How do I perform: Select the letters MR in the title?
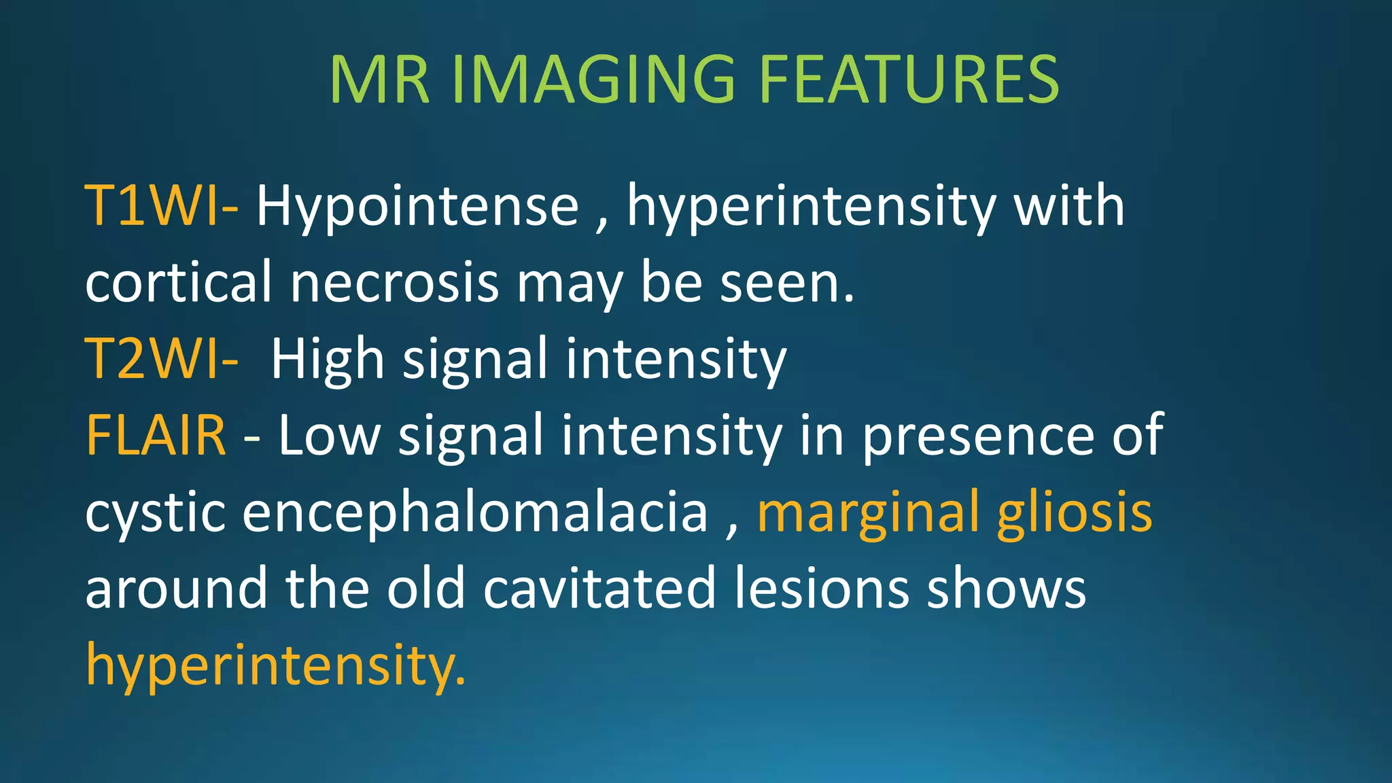379,80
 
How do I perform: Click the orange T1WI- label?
161,205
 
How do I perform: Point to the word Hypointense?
417,207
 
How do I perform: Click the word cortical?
179,282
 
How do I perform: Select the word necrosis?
395,282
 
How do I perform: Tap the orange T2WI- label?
161,358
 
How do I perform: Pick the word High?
328,360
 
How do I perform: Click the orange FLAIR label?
156,435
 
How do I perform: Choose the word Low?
329,435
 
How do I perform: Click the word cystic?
155,513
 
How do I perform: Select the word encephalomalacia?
475,513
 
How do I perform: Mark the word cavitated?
599,589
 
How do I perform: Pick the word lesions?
822,589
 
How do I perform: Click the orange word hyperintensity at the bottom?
275,665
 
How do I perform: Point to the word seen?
786,282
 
